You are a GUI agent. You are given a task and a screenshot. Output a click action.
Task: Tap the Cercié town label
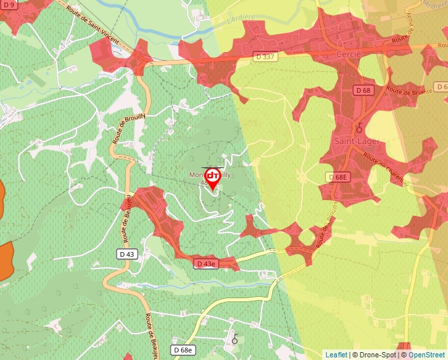point(349,53)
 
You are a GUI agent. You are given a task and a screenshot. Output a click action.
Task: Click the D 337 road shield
point(266,57)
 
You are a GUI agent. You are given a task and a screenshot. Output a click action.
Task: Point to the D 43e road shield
point(206,264)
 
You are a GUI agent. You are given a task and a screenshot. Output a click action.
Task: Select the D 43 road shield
point(128,253)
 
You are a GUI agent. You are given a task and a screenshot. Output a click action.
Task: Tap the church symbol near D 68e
point(235,340)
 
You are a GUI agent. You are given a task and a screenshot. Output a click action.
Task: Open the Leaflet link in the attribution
point(336,355)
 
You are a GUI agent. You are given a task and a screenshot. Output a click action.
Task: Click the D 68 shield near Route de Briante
point(363,90)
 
